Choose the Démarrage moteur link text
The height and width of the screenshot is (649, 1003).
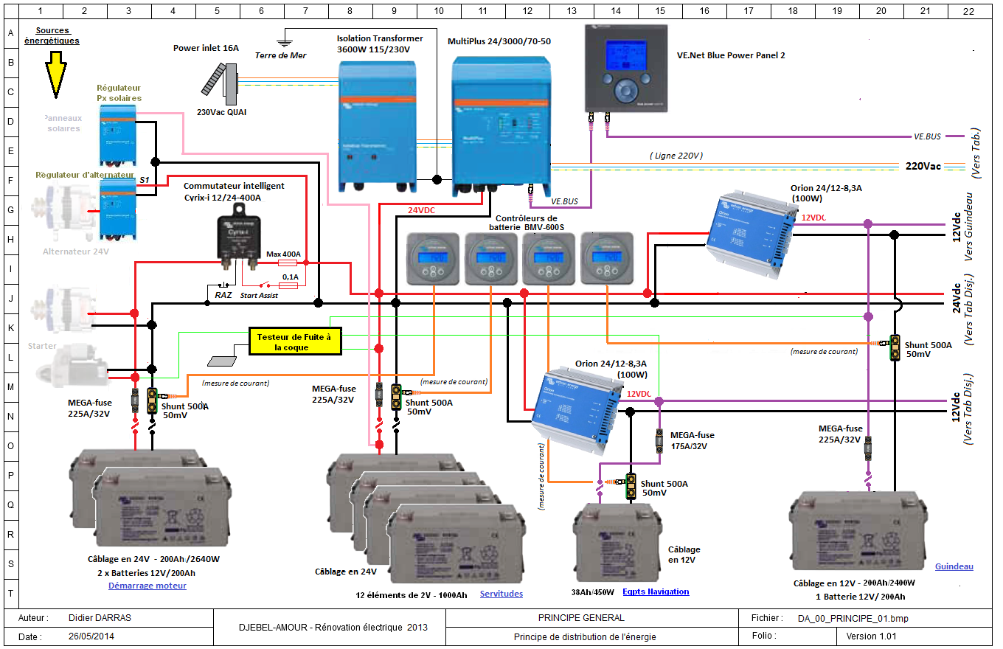pos(147,586)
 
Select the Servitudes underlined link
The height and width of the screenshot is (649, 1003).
pos(502,594)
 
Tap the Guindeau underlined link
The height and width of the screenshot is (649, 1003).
pos(954,566)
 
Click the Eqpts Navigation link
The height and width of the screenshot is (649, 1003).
pos(656,591)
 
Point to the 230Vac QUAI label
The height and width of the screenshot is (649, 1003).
pos(222,112)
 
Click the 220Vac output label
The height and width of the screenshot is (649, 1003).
pos(923,166)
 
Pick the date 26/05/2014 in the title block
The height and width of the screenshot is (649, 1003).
pos(91,636)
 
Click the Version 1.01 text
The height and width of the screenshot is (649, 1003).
pos(871,636)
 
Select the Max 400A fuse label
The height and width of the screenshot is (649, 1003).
pos(284,254)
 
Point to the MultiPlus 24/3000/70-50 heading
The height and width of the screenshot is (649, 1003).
pos(499,41)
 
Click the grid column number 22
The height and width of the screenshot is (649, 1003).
pos(968,11)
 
